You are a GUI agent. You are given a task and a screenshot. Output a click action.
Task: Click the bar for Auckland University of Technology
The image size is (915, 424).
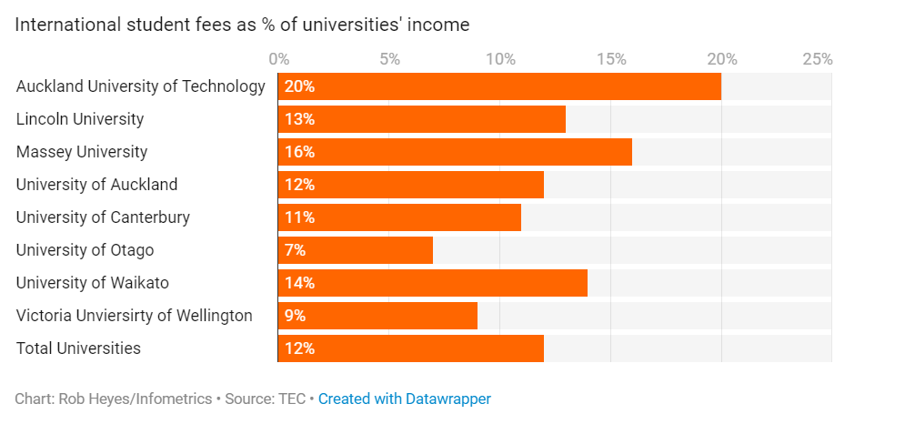pos(499,86)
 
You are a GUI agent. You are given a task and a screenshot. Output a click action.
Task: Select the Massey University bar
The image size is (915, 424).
pos(455,152)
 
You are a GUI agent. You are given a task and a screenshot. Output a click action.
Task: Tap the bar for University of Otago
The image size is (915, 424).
pos(356,250)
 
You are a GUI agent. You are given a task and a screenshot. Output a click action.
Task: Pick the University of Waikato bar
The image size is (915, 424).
pos(433,283)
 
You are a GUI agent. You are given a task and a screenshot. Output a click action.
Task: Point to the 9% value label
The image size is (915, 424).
pos(295,316)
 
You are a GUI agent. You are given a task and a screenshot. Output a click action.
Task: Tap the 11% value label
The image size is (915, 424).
pos(299,217)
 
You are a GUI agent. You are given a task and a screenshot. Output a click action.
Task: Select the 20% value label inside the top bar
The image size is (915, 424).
pos(299,86)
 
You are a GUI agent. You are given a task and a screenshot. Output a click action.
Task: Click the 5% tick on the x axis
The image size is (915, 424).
pos(389,59)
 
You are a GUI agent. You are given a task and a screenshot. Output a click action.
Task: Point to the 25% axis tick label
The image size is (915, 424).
pos(817,59)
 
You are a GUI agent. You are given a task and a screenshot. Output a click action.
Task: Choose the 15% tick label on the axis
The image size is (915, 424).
pos(611,59)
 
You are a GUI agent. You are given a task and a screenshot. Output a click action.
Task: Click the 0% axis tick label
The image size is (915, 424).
pos(279,59)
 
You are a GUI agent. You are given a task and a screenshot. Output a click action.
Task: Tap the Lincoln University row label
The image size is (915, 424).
pos(80,119)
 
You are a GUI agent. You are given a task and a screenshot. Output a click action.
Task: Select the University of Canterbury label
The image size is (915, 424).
pos(103,217)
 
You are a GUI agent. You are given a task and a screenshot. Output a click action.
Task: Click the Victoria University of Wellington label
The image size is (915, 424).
pos(134,316)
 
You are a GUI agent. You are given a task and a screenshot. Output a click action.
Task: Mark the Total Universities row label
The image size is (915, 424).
pos(78,348)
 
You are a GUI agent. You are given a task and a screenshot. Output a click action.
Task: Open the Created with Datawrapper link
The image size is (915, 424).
pos(405,399)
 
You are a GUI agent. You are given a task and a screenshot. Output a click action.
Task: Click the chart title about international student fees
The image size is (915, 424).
pos(242,25)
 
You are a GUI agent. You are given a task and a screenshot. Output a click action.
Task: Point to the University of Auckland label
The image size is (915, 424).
pos(96,185)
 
